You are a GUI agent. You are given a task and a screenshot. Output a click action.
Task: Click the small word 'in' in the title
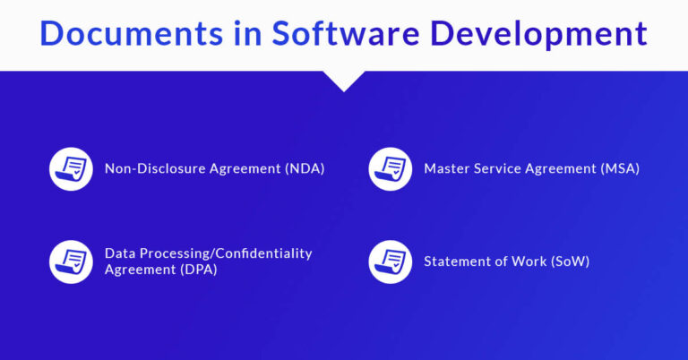[252, 33]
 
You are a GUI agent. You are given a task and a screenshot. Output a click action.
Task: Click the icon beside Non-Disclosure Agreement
[71, 168]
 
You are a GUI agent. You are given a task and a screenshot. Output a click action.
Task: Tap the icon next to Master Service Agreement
[391, 168]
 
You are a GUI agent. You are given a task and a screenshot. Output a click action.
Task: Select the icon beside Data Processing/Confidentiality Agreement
[71, 261]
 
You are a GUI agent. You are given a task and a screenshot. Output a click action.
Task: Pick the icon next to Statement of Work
[391, 261]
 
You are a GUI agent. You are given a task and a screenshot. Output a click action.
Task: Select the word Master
[447, 168]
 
